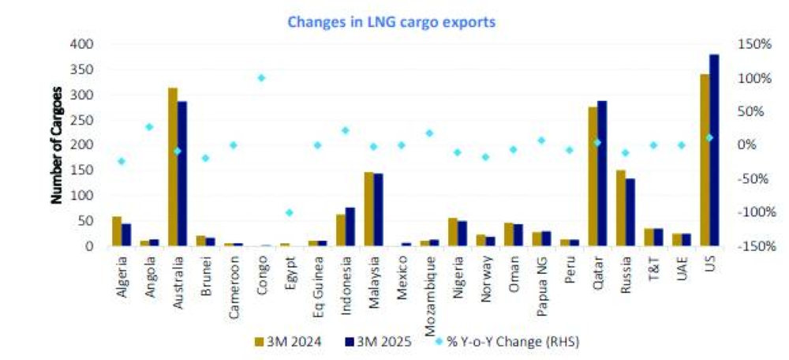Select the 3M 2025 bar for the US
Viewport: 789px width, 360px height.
coord(714,150)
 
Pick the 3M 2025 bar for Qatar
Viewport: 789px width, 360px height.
coord(602,174)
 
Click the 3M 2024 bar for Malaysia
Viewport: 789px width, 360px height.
coord(368,209)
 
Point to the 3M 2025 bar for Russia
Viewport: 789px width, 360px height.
coord(630,212)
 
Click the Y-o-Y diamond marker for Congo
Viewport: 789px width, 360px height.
coord(261,78)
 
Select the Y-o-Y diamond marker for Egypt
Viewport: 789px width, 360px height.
coord(290,212)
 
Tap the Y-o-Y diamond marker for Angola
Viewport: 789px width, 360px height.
coord(149,126)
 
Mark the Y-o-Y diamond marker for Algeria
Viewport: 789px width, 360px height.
coord(122,161)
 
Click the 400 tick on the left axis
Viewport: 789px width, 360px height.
coord(82,44)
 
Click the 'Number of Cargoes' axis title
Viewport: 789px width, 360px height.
coord(57,145)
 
